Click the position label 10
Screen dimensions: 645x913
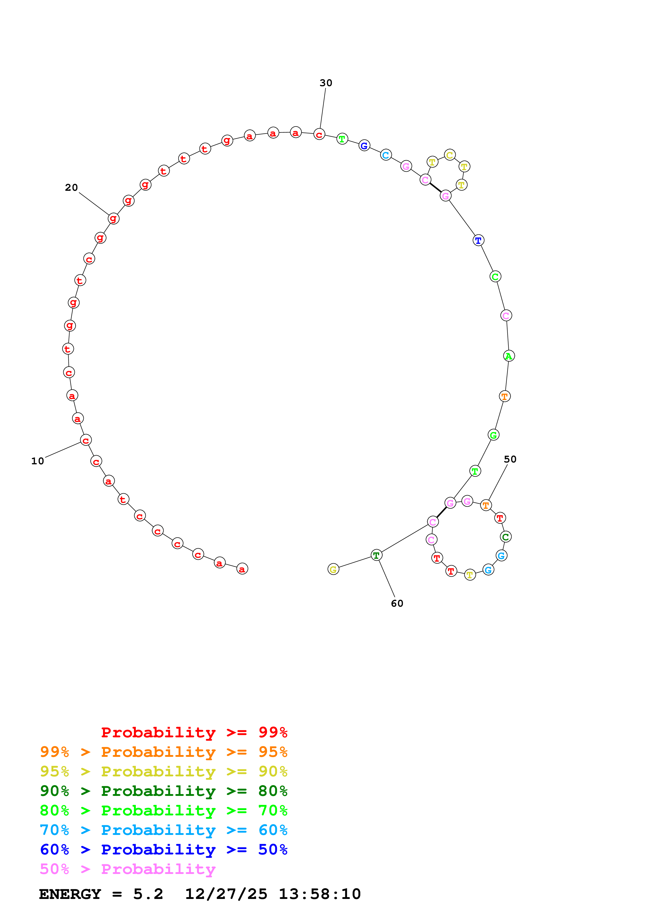[38, 461]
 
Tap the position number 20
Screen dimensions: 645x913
[72, 187]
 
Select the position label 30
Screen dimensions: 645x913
[326, 83]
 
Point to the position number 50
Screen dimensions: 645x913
[510, 459]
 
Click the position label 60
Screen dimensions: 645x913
[397, 603]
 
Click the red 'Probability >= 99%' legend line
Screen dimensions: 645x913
[194, 732]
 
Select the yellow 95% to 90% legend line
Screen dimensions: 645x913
[164, 771]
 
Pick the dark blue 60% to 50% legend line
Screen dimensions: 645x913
[164, 849]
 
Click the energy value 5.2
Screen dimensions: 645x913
[148, 894]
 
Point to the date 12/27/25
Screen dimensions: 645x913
[226, 894]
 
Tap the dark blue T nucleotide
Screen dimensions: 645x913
[478, 240]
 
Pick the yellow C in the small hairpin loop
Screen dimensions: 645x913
[450, 155]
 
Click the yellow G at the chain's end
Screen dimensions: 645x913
[333, 569]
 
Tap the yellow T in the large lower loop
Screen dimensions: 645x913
[470, 575]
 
